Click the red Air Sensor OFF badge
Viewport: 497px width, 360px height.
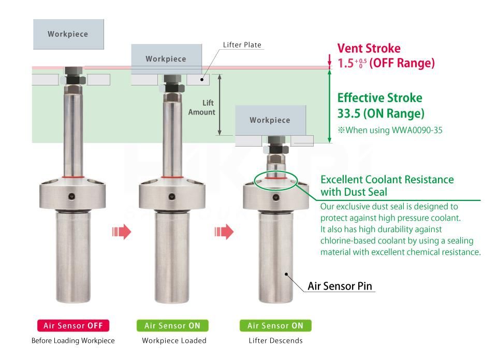click(x=73, y=325)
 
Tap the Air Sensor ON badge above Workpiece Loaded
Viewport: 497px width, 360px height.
click(x=172, y=325)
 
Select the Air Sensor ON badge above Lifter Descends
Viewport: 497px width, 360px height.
click(x=275, y=325)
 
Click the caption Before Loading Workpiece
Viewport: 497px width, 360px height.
click(x=73, y=341)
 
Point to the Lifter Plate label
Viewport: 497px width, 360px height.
click(x=242, y=45)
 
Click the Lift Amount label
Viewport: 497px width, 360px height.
click(x=201, y=108)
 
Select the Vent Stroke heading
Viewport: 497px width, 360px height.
click(x=369, y=48)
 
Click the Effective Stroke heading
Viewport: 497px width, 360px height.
click(x=379, y=98)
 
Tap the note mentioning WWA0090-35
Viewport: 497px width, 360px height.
click(x=390, y=130)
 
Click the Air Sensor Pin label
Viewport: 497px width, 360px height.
click(x=340, y=286)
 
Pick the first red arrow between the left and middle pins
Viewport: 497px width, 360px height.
click(x=122, y=232)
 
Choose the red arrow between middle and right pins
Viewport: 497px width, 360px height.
click(x=224, y=232)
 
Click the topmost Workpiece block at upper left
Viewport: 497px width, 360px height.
click(x=68, y=34)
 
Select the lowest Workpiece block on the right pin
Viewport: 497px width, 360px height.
click(x=270, y=120)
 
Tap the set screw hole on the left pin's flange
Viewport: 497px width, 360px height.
click(x=72, y=197)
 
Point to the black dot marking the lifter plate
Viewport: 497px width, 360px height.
click(x=202, y=80)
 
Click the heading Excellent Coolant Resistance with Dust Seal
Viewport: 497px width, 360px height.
click(x=387, y=185)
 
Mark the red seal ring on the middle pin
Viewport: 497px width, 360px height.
click(x=172, y=177)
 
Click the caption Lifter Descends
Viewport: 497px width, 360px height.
click(x=275, y=341)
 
